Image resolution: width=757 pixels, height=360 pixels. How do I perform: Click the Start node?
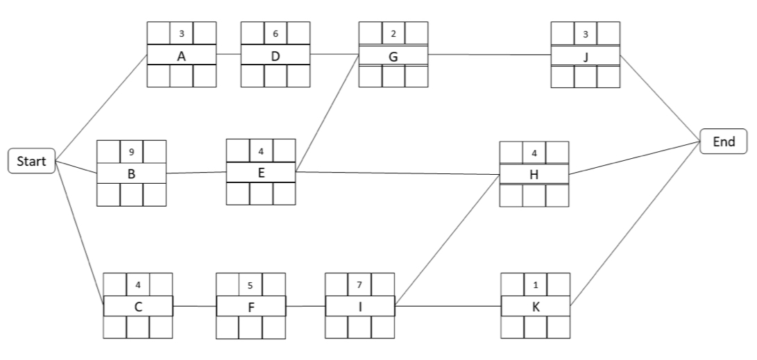pyautogui.click(x=32, y=162)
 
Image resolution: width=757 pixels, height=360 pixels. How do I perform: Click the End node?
pyautogui.click(x=724, y=141)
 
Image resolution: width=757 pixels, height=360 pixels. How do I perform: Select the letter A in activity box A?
pyautogui.click(x=181, y=55)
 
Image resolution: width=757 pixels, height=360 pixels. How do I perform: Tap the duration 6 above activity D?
pyautogui.click(x=275, y=33)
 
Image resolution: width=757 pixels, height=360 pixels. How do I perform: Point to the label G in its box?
pyautogui.click(x=393, y=56)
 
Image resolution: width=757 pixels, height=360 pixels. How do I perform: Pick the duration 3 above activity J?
pyautogui.click(x=585, y=33)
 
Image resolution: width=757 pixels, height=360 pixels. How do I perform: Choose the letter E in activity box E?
pyautogui.click(x=261, y=172)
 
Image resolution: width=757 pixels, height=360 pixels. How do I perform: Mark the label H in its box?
pyautogui.click(x=534, y=175)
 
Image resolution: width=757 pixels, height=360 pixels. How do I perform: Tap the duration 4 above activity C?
pyautogui.click(x=137, y=284)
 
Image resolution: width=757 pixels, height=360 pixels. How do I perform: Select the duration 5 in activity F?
pyautogui.click(x=250, y=284)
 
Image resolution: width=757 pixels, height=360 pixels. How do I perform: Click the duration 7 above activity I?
pyautogui.click(x=359, y=284)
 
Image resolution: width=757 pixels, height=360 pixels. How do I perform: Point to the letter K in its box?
pyautogui.click(x=536, y=306)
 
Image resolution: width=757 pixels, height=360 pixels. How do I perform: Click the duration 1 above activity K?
pyautogui.click(x=536, y=284)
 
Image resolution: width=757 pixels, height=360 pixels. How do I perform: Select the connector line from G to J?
pyautogui.click(x=489, y=54)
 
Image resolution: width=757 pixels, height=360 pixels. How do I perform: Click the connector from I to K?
pyautogui.click(x=448, y=305)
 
